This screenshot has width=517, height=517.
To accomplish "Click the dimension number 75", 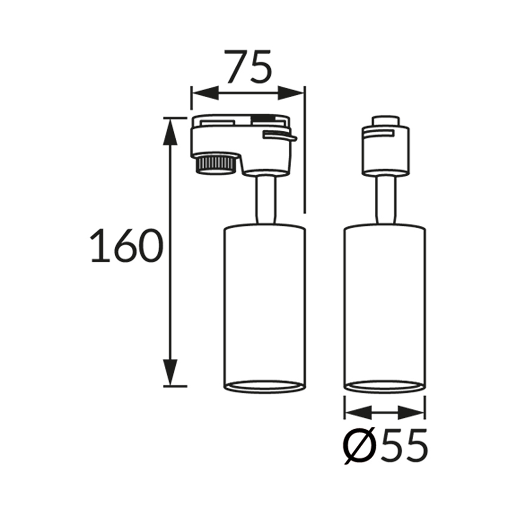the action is click(249, 66).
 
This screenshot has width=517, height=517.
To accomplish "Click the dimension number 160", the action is click(127, 246).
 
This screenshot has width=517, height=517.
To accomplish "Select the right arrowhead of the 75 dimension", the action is click(291, 93).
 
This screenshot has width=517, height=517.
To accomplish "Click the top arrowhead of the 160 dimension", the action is click(171, 131).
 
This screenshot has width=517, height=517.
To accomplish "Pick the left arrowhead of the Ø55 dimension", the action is click(358, 413).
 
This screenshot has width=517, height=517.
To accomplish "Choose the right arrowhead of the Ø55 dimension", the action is click(411, 413).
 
